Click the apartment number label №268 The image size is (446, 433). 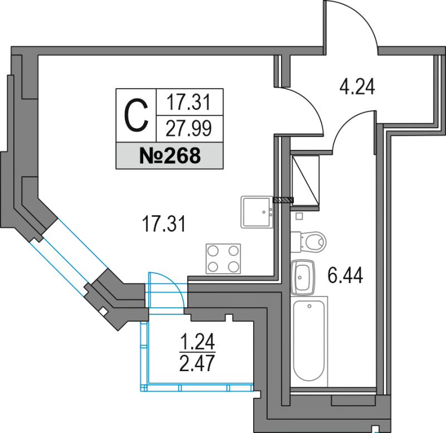tap(169, 156)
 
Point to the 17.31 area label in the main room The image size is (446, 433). tap(163, 225)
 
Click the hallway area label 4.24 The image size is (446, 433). tap(357, 87)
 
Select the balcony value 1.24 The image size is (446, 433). tap(197, 340)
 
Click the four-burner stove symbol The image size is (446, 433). tap(223, 259)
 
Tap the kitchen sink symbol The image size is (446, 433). tap(256, 212)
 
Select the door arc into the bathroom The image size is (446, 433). tap(350, 129)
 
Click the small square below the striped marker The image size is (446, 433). tap(299, 216)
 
